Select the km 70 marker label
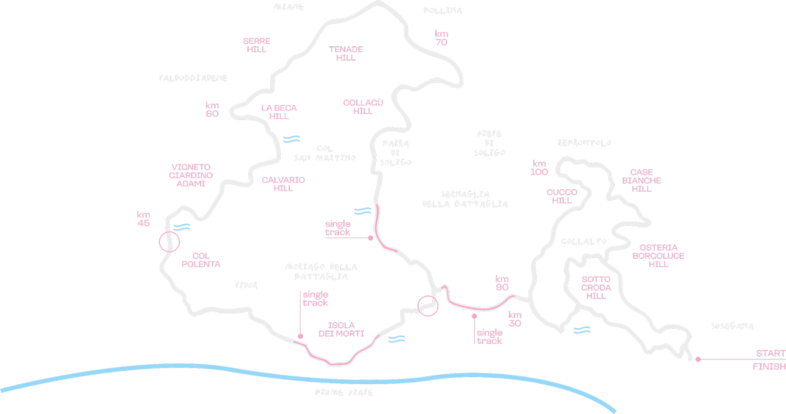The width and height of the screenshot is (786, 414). [x=441, y=38]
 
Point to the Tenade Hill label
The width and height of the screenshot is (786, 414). [x=346, y=53]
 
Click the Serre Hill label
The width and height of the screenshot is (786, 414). [x=256, y=45]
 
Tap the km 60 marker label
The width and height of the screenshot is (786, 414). [x=213, y=109]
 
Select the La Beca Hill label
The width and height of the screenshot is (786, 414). [x=279, y=112]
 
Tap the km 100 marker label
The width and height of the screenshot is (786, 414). [x=540, y=167]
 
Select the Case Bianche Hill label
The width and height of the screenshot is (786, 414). [x=642, y=181]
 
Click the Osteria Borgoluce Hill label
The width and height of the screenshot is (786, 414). [x=659, y=256]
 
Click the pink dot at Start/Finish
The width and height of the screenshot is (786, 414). [x=698, y=359]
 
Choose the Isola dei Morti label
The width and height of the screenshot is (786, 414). [x=342, y=329]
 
